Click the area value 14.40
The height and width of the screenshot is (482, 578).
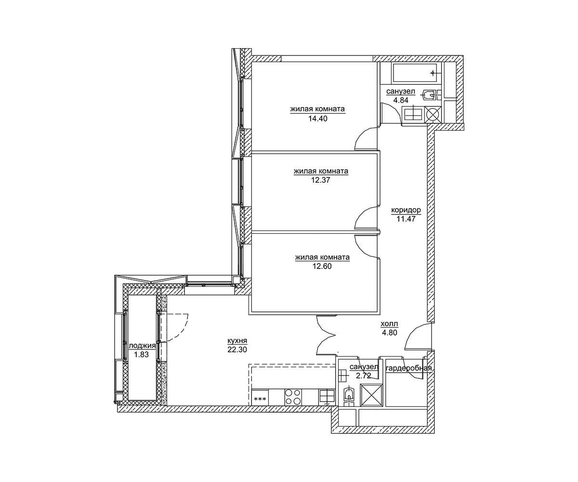pyautogui.click(x=318, y=119)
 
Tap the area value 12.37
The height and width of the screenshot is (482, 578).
pyautogui.click(x=320, y=180)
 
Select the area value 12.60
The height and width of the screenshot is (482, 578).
pyautogui.click(x=322, y=266)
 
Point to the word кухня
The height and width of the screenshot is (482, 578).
pyautogui.click(x=237, y=341)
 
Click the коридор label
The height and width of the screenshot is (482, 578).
pyautogui.click(x=406, y=211)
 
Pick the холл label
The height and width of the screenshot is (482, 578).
pyautogui.click(x=389, y=323)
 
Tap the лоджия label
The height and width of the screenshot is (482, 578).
pyautogui.click(x=142, y=346)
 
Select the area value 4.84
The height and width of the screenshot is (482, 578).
pyautogui.click(x=401, y=100)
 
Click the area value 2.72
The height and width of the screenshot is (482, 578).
pyautogui.click(x=364, y=375)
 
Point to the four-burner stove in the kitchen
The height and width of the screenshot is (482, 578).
pyautogui.click(x=293, y=397)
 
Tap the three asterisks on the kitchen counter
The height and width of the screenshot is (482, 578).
pyautogui.click(x=260, y=399)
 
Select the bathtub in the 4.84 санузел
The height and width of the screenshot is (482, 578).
pyautogui.click(x=415, y=73)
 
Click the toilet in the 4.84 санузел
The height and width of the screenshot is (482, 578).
pyautogui.click(x=429, y=95)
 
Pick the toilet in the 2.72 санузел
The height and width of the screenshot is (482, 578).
pyautogui.click(x=350, y=394)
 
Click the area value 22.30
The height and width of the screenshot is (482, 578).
pyautogui.click(x=237, y=349)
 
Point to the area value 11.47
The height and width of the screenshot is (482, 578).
pyautogui.click(x=406, y=219)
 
